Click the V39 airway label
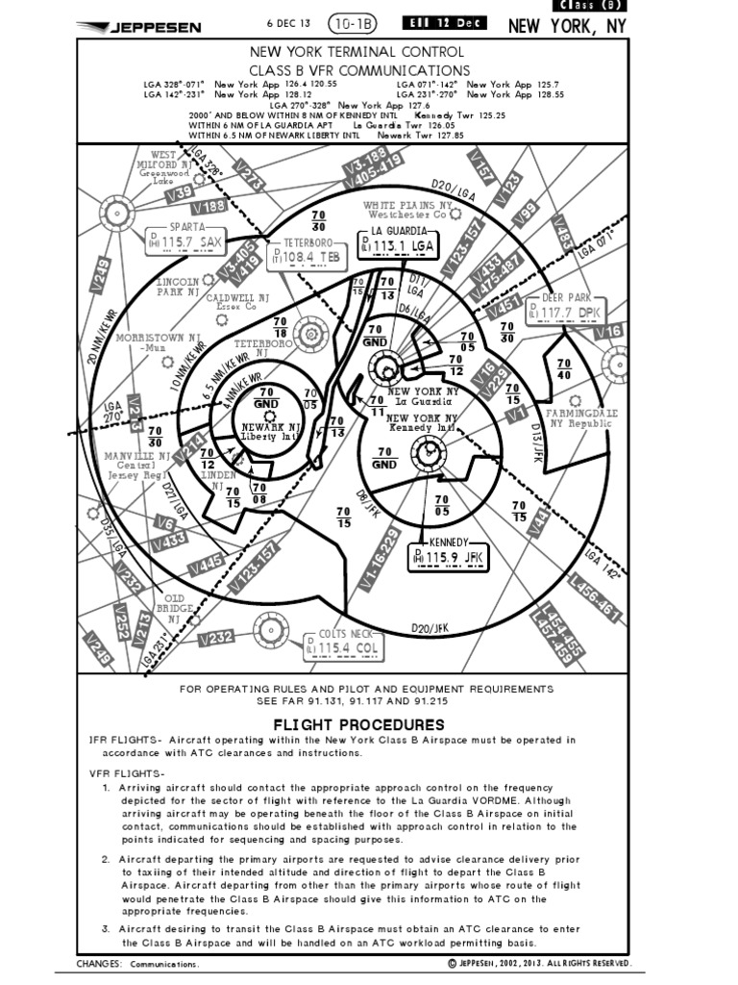[x=178, y=193]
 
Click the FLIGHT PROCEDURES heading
[x=359, y=724]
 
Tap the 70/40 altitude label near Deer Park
[x=564, y=368]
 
